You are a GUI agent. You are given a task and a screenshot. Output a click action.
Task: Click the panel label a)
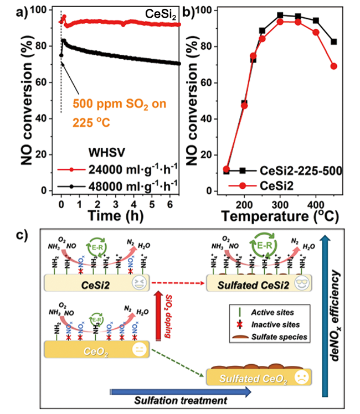[x=11, y=11]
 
